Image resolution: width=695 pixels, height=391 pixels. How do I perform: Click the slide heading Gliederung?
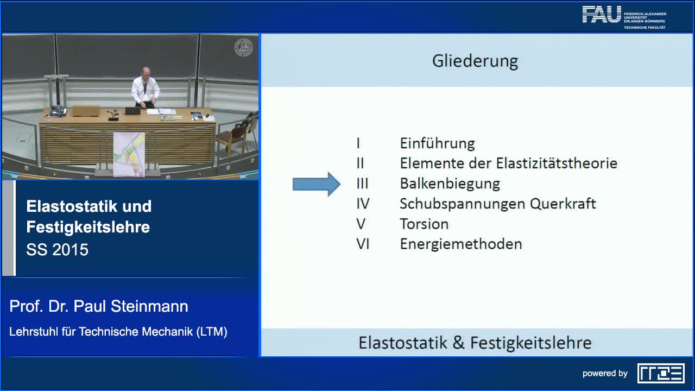click(475, 61)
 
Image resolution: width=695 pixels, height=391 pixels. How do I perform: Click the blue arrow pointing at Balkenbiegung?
click(316, 184)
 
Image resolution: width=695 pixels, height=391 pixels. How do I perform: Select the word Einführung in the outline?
click(437, 143)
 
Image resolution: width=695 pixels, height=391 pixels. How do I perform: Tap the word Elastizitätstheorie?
click(557, 163)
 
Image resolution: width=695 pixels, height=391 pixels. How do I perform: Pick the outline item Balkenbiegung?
click(450, 184)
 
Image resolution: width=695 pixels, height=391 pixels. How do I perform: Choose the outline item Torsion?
click(424, 224)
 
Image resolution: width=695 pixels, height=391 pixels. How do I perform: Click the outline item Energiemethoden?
click(460, 244)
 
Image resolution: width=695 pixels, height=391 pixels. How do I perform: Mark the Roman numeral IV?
click(363, 204)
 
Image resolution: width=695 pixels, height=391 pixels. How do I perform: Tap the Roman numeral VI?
click(363, 244)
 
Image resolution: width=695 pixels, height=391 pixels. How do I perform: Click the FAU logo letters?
click(601, 15)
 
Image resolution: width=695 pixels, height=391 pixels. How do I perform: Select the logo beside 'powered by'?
click(661, 373)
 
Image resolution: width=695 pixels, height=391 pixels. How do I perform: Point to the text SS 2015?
click(57, 250)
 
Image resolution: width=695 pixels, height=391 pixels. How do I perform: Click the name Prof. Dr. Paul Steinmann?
click(99, 306)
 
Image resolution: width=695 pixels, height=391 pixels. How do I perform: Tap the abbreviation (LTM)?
click(212, 331)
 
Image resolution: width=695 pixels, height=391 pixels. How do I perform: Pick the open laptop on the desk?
click(132, 111)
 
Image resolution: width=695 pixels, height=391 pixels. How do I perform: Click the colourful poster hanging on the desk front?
click(129, 154)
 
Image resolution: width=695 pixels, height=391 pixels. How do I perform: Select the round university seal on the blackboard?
click(243, 47)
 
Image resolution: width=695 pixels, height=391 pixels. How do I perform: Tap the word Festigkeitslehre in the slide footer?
click(530, 343)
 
